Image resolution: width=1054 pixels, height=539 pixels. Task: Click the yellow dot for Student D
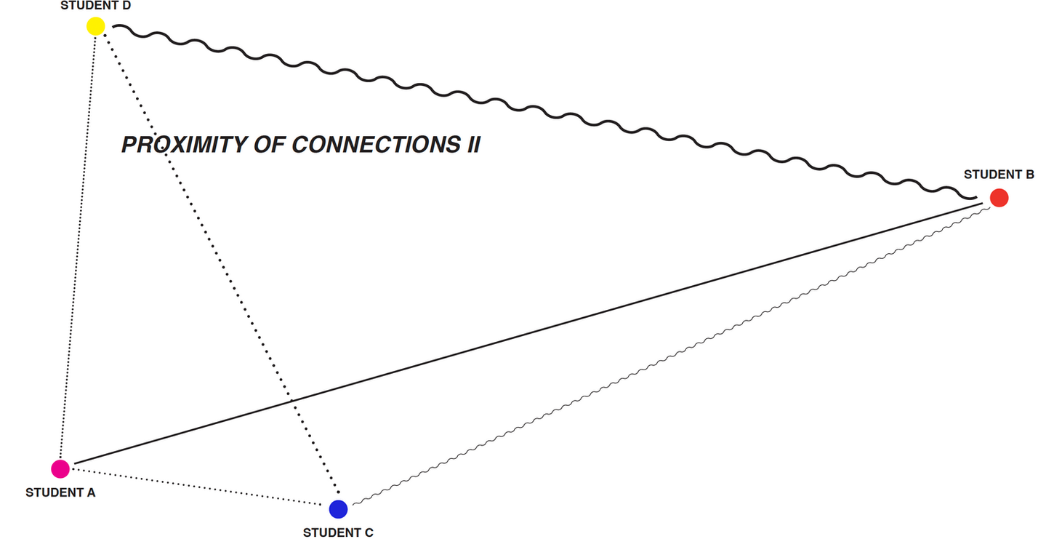click(96, 26)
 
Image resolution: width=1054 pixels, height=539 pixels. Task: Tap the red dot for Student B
click(999, 197)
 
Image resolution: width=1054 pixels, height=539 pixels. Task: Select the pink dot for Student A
click(60, 469)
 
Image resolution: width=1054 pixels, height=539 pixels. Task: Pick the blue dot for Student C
click(338, 509)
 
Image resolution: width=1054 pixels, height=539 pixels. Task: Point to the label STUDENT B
click(999, 175)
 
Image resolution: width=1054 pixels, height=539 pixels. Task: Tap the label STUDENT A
click(60, 492)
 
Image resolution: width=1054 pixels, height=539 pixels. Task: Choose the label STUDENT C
click(338, 532)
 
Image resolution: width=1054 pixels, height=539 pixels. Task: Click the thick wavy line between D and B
click(545, 109)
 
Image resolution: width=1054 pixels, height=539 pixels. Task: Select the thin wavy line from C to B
click(669, 357)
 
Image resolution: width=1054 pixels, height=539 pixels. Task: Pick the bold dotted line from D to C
click(218, 269)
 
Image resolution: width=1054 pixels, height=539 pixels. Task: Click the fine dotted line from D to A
click(79, 247)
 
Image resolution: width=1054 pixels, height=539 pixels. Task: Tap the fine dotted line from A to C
click(196, 488)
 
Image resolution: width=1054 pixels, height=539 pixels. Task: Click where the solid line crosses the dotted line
click(292, 401)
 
